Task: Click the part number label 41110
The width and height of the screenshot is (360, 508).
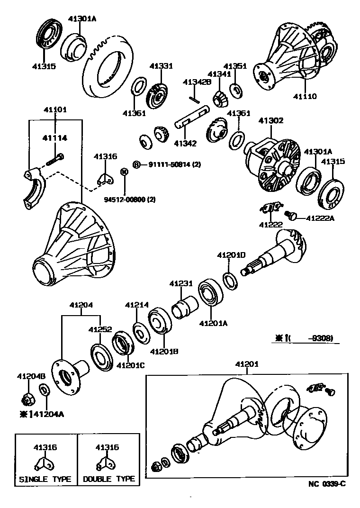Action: (304, 96)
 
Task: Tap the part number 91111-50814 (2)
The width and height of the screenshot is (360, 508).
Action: (174, 164)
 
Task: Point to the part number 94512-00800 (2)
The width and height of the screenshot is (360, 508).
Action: (130, 200)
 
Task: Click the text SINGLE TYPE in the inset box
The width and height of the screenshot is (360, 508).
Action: (45, 479)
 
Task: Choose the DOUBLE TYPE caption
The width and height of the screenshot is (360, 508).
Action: (109, 479)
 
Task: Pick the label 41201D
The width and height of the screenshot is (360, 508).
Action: (231, 255)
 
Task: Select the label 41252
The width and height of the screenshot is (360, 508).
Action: (100, 329)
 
